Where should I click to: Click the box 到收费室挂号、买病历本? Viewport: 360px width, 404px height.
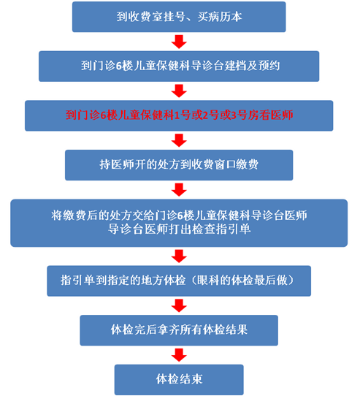pyautogui.click(x=179, y=17)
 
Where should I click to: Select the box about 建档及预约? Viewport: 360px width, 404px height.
pyautogui.click(x=179, y=66)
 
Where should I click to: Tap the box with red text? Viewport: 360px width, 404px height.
pyautogui.click(x=179, y=115)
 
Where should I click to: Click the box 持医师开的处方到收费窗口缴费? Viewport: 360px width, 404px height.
pyautogui.click(x=179, y=165)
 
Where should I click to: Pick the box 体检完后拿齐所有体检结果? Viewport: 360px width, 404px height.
pyautogui.click(x=179, y=330)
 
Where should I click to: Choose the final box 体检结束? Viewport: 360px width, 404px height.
pyautogui.click(x=179, y=380)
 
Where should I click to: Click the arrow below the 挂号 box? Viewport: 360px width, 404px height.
pyautogui.click(x=179, y=42)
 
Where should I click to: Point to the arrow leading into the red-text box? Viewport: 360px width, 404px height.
pyautogui.click(x=179, y=91)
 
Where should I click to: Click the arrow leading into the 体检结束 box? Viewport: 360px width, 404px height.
pyautogui.click(x=179, y=355)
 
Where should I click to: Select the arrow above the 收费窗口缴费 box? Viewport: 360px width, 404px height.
pyautogui.click(x=179, y=141)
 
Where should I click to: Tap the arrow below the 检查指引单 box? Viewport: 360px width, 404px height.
pyautogui.click(x=179, y=256)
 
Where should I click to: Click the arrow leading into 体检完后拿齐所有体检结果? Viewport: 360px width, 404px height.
pyautogui.click(x=179, y=306)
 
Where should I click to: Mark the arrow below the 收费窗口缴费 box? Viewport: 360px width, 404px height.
pyautogui.click(x=179, y=190)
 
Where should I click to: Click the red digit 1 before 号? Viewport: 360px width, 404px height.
pyautogui.click(x=177, y=115)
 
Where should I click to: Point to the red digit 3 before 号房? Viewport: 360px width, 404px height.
pyautogui.click(x=234, y=115)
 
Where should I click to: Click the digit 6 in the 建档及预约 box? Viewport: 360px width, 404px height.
pyautogui.click(x=119, y=66)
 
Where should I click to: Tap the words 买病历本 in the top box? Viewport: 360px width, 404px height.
pyautogui.click(x=220, y=17)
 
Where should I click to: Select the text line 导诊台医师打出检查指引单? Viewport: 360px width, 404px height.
pyautogui.click(x=179, y=229)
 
